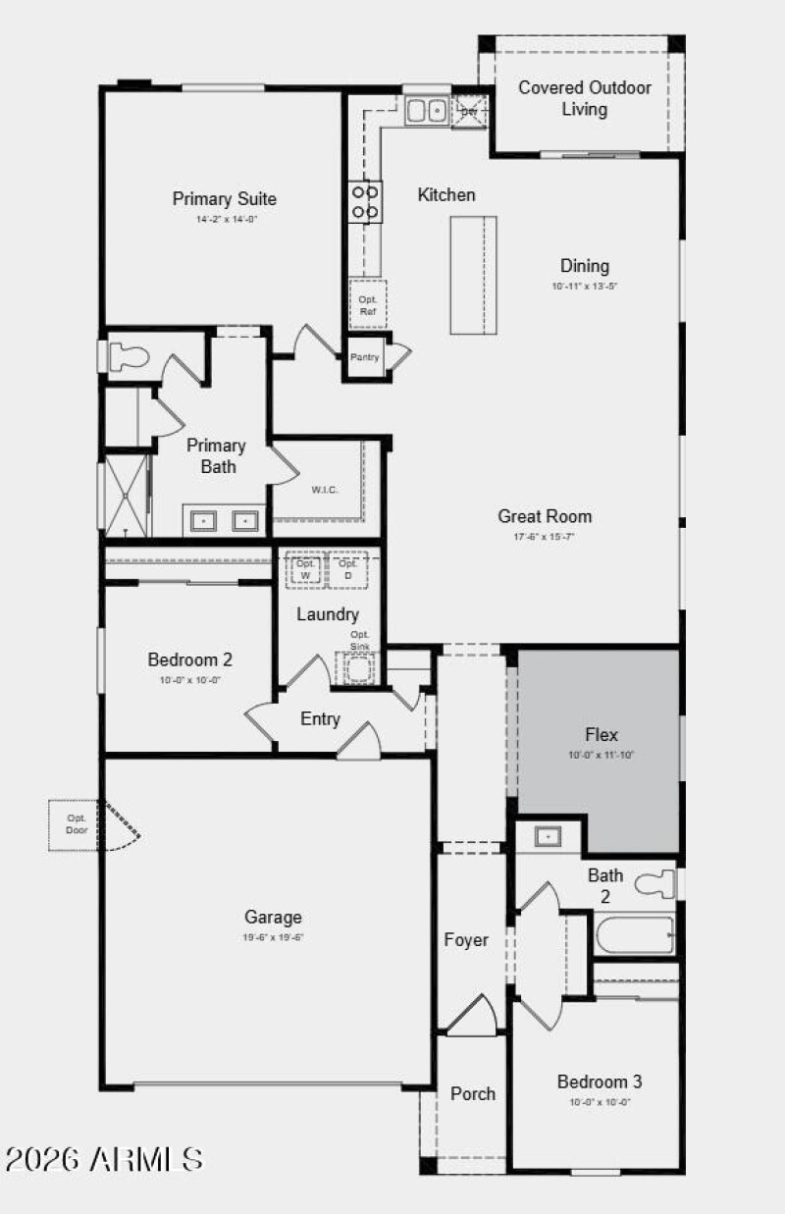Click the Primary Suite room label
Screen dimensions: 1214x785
pyautogui.click(x=225, y=199)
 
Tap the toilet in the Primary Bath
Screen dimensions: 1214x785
pyautogui.click(x=123, y=356)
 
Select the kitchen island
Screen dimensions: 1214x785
pyautogui.click(x=473, y=275)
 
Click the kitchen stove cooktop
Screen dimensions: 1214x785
pyautogui.click(x=366, y=201)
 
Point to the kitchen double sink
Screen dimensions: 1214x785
pyautogui.click(x=427, y=110)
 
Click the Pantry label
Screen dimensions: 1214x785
pyautogui.click(x=365, y=357)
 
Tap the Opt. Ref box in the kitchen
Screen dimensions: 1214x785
pyautogui.click(x=368, y=304)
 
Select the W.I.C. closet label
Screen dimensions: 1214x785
pyautogui.click(x=326, y=490)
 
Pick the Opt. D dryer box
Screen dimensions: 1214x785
pyautogui.click(x=347, y=569)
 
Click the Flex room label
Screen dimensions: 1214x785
pyautogui.click(x=602, y=734)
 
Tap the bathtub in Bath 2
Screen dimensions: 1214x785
pyautogui.click(x=635, y=935)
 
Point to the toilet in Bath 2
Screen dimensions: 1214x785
pyautogui.click(x=656, y=884)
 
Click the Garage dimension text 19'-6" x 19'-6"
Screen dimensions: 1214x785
pyautogui.click(x=273, y=937)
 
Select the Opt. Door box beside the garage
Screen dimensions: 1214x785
pyautogui.click(x=77, y=824)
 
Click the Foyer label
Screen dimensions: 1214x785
pyautogui.click(x=466, y=940)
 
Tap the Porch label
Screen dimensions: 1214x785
pyautogui.click(x=473, y=1093)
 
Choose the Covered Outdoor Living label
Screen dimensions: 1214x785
pyautogui.click(x=585, y=98)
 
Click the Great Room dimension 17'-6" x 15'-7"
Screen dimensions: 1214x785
pyautogui.click(x=545, y=537)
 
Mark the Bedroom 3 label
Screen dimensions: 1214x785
pyautogui.click(x=600, y=1082)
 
